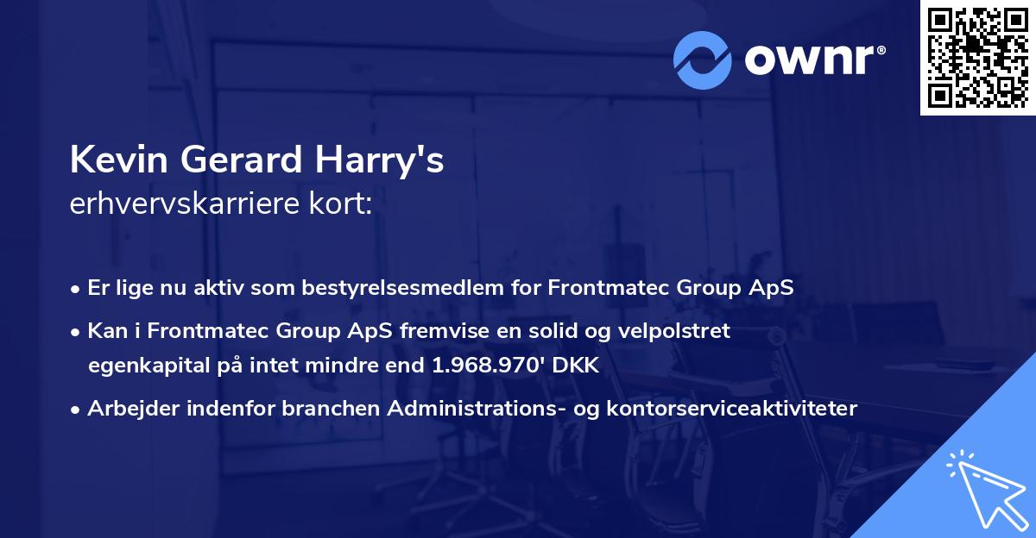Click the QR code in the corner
click(x=977, y=57)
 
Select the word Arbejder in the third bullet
click(x=129, y=409)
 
